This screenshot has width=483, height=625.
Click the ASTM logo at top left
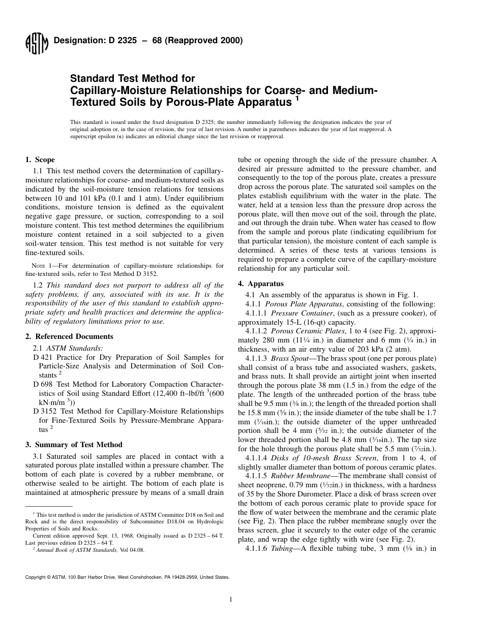pos(37,43)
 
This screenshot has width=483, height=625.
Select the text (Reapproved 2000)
pos(205,41)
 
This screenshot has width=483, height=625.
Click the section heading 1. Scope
pos(40,160)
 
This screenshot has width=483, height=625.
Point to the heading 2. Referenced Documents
pos(69,336)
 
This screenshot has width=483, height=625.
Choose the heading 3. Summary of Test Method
pos(74,445)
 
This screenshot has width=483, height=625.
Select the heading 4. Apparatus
pos(261,284)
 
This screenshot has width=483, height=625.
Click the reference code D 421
pos(43,358)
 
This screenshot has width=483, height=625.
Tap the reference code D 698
pos(43,384)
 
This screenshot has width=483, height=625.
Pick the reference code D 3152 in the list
pos(45,411)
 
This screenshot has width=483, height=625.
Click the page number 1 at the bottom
pos(231,600)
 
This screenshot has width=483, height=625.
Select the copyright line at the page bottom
pos(127,577)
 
